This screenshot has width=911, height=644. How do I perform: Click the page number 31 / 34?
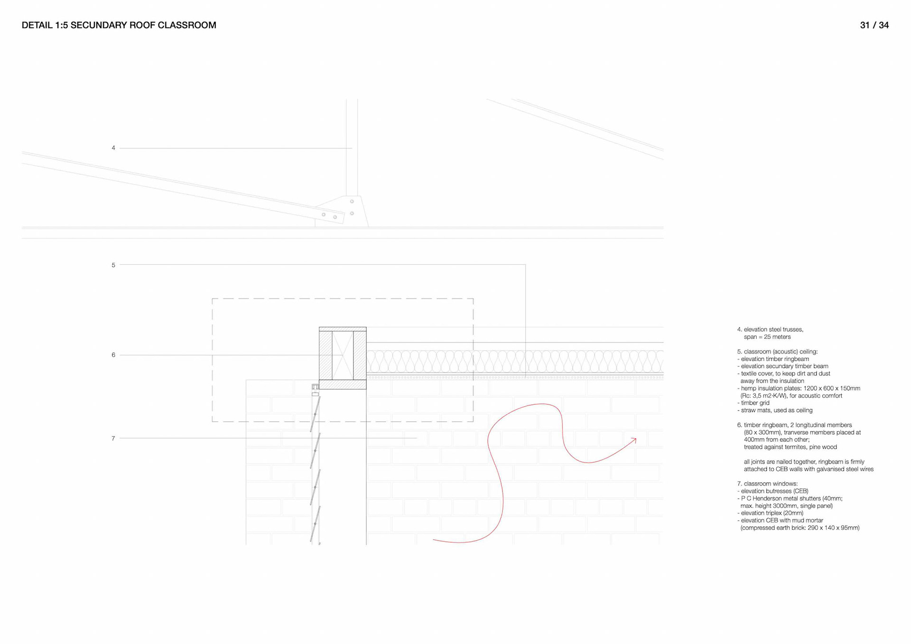point(874,25)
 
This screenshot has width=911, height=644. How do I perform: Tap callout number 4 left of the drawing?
point(113,148)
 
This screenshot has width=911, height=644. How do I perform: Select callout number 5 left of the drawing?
point(113,265)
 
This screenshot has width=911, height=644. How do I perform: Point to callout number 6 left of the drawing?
point(113,355)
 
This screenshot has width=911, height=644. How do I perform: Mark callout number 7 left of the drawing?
point(113,439)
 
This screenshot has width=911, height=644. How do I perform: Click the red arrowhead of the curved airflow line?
point(634,440)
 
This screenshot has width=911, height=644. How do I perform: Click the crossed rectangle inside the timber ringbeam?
point(343,355)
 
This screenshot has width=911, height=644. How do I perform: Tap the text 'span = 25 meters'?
point(767,337)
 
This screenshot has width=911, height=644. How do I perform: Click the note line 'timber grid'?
point(755,403)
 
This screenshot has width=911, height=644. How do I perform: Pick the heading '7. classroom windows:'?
point(767,484)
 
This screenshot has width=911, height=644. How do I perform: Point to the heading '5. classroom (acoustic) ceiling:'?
point(777,352)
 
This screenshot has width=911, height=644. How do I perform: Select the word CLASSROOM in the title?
point(187,25)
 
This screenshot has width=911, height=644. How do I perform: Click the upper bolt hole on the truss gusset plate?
point(352,202)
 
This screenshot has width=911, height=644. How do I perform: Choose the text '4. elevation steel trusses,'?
point(770,329)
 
